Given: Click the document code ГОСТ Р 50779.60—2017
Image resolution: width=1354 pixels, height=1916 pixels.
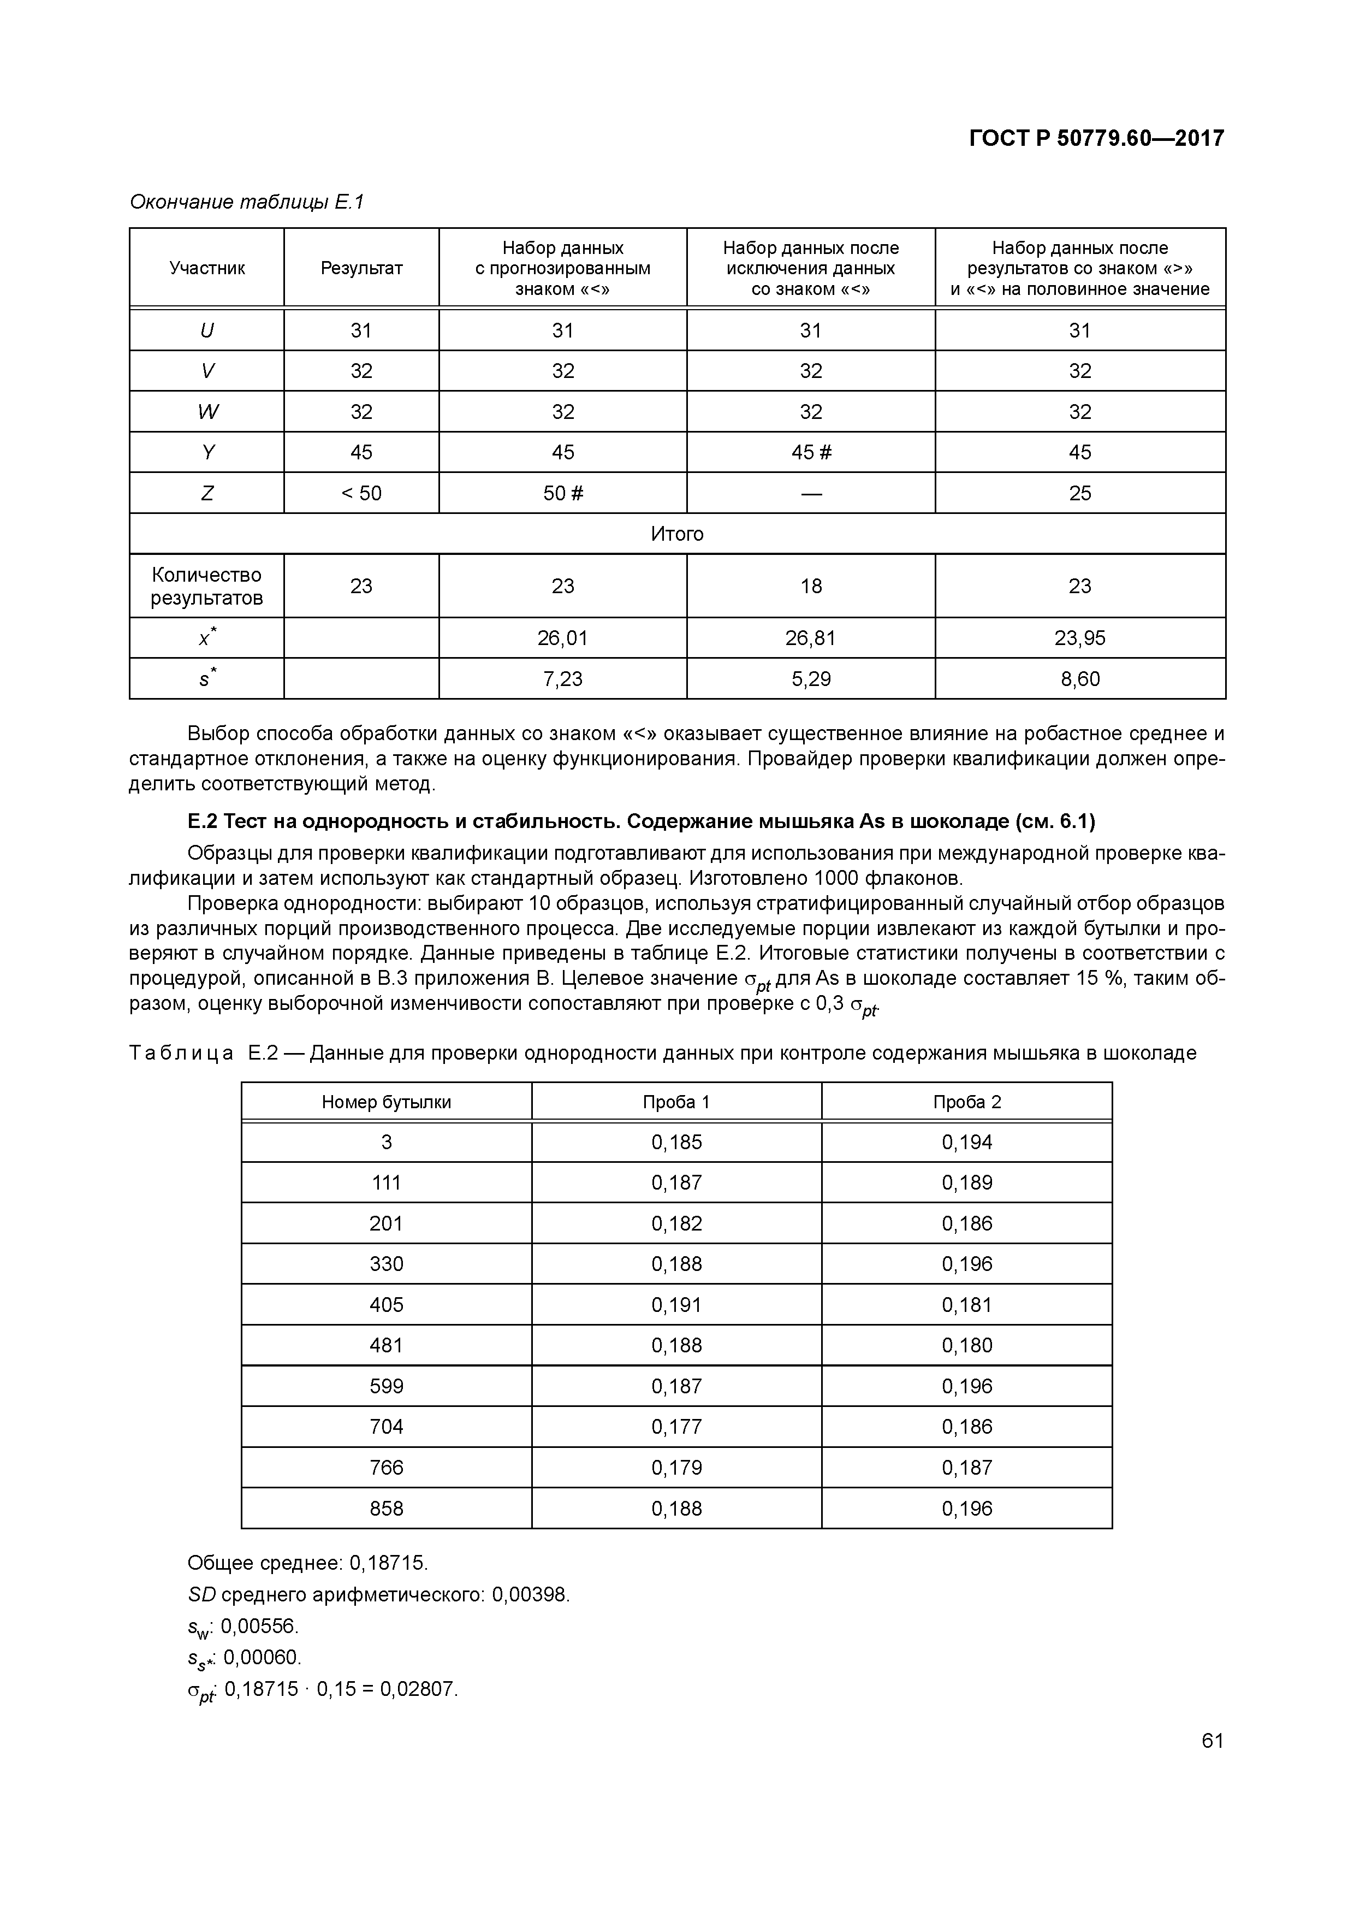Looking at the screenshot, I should tap(1096, 139).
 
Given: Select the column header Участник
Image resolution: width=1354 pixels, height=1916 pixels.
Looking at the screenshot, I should tap(207, 268).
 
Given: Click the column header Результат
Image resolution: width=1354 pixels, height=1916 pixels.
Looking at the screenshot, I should tap(361, 268).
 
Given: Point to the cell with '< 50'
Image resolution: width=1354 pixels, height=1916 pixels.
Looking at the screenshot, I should tap(361, 493).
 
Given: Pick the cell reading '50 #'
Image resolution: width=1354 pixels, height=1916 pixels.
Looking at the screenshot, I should tap(563, 493).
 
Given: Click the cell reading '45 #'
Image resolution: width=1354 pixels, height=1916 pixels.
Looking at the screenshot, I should tap(811, 452).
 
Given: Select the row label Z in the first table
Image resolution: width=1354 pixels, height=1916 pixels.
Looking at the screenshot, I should tap(207, 493).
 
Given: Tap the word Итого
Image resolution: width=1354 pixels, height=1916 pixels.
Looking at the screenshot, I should tap(676, 534).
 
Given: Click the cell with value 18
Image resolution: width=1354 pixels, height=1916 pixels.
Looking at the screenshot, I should tap(811, 586).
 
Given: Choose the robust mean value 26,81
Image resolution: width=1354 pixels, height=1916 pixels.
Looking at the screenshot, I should tap(811, 638).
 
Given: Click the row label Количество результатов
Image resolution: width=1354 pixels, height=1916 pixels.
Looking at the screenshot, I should tap(207, 586).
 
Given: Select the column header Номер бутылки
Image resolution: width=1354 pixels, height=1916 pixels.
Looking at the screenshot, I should tap(386, 1102).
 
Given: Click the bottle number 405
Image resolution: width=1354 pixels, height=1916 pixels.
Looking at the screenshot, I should tap(386, 1304).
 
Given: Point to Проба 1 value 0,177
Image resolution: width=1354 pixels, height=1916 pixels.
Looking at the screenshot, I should tap(676, 1426).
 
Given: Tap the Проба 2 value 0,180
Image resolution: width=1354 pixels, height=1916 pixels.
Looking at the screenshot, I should tap(967, 1345).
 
